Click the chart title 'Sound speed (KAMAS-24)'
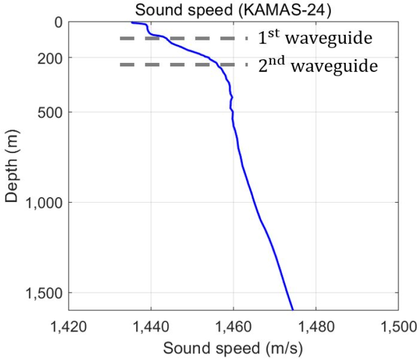[233, 9]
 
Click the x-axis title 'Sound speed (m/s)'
[233, 349]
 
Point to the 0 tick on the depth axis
[58, 22]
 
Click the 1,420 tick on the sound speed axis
[69, 326]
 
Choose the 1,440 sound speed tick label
[151, 326]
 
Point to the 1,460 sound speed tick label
[233, 326]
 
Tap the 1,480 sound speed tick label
[316, 326]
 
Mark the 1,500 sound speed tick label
[397, 326]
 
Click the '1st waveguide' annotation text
[314, 38]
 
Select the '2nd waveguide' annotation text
[318, 66]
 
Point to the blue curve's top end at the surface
[132, 22]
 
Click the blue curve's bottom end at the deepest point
[293, 309]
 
